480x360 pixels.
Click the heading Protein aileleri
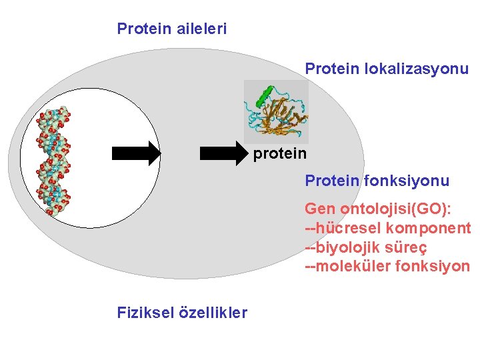tap(171, 29)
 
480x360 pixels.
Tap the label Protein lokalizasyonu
tap(387, 69)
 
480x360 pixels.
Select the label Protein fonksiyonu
tap(377, 181)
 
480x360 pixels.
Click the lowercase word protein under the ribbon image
tap(279, 154)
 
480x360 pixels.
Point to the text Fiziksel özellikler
tap(181, 313)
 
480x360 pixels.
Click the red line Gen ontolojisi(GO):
tap(378, 209)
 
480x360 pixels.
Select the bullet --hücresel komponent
tap(387, 229)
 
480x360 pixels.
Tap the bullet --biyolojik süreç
tap(365, 247)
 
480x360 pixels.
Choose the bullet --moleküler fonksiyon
tap(387, 267)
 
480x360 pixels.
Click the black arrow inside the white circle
tap(136, 153)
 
